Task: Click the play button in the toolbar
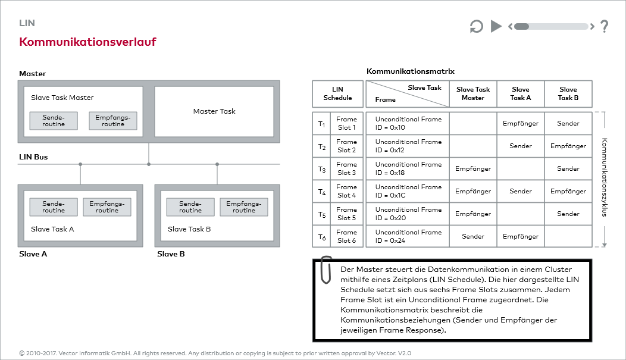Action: click(496, 26)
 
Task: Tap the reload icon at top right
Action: click(477, 26)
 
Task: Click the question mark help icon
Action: click(604, 26)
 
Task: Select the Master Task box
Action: click(214, 111)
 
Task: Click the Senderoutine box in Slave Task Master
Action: click(54, 121)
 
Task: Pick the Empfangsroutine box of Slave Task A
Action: click(107, 207)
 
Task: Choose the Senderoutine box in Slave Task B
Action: click(190, 207)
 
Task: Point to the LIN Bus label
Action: click(33, 157)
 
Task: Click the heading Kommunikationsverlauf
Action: click(87, 42)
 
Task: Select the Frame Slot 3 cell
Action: click(346, 169)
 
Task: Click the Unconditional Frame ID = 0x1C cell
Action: click(408, 192)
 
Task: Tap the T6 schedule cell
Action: click(322, 237)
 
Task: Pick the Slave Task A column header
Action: click(521, 94)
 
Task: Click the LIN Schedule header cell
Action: click(337, 94)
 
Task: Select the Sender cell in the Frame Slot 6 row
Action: click(473, 237)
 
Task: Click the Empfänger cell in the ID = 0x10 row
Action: click(521, 124)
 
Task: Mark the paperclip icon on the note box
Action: click(325, 270)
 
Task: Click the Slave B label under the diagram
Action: click(171, 254)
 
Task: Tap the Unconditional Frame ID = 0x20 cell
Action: click(408, 214)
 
